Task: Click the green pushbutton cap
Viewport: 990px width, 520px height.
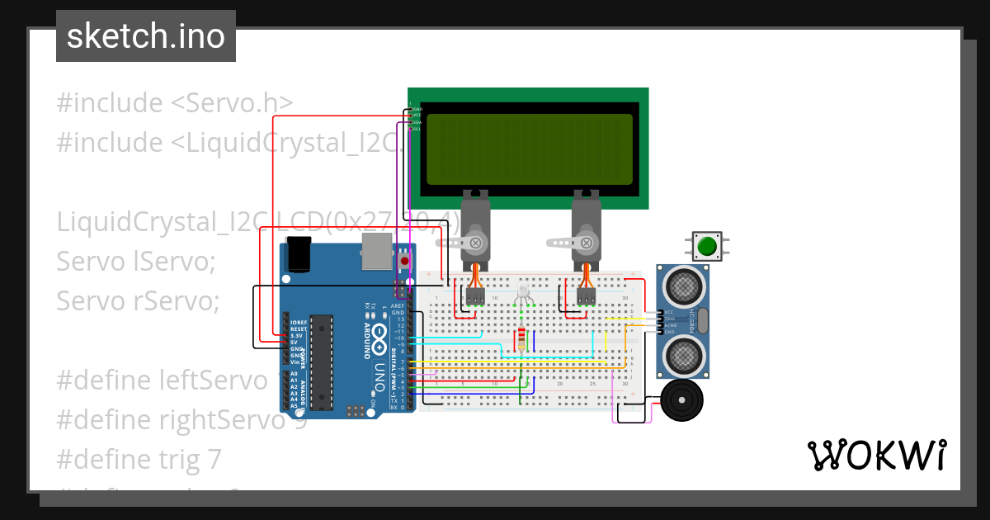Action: [706, 246]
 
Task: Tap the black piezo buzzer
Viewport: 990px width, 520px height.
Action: [682, 401]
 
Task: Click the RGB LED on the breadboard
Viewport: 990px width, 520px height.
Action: [523, 291]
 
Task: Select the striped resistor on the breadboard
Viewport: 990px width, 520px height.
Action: [521, 339]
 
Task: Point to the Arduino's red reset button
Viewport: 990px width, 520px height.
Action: [404, 261]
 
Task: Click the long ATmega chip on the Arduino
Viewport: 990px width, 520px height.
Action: [322, 362]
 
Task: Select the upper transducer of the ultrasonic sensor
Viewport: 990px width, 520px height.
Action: [684, 286]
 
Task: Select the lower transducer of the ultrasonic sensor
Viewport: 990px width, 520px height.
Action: [684, 355]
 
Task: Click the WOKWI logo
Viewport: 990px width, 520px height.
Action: [876, 455]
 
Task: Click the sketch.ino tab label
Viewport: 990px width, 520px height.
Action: [146, 36]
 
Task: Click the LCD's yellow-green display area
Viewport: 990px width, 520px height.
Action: [529, 149]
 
